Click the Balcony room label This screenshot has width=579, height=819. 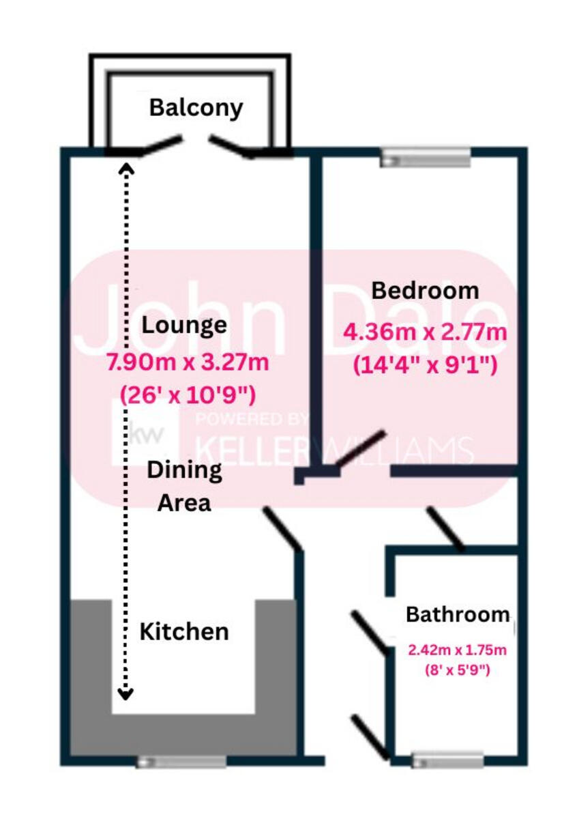pos(196,108)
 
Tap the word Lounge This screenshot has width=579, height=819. pos(184,325)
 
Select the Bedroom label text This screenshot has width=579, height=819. pos(424,291)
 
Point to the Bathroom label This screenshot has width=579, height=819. pos(457,614)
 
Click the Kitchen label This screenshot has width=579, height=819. pos(184,631)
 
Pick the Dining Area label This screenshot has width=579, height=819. pos(184,487)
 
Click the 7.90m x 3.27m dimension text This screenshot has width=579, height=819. pos(187,362)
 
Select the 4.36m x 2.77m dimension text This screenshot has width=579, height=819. pos(425,334)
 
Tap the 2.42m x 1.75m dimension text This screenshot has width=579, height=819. pos(457,648)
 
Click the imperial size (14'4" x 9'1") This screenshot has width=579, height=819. pos(424,365)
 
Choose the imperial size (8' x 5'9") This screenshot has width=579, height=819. pos(457,670)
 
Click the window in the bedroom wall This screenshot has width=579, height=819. pos(426,158)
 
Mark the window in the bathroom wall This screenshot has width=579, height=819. pos(448,760)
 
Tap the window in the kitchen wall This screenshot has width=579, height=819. pos(181,762)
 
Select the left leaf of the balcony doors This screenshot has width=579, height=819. pos(161,145)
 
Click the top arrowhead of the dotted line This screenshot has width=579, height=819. pos(125,167)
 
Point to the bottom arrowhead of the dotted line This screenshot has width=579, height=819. pos(125,694)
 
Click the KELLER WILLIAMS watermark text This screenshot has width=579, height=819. pos(334,449)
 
